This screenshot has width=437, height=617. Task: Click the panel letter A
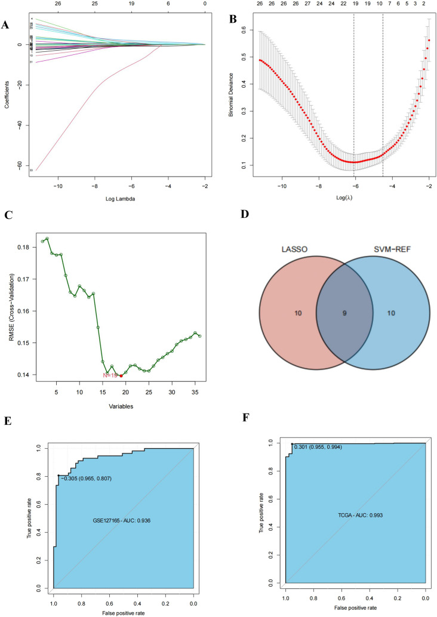tap(5, 24)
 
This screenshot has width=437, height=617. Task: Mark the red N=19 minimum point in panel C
tap(121, 375)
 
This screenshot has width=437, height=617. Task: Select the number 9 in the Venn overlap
tap(344, 313)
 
